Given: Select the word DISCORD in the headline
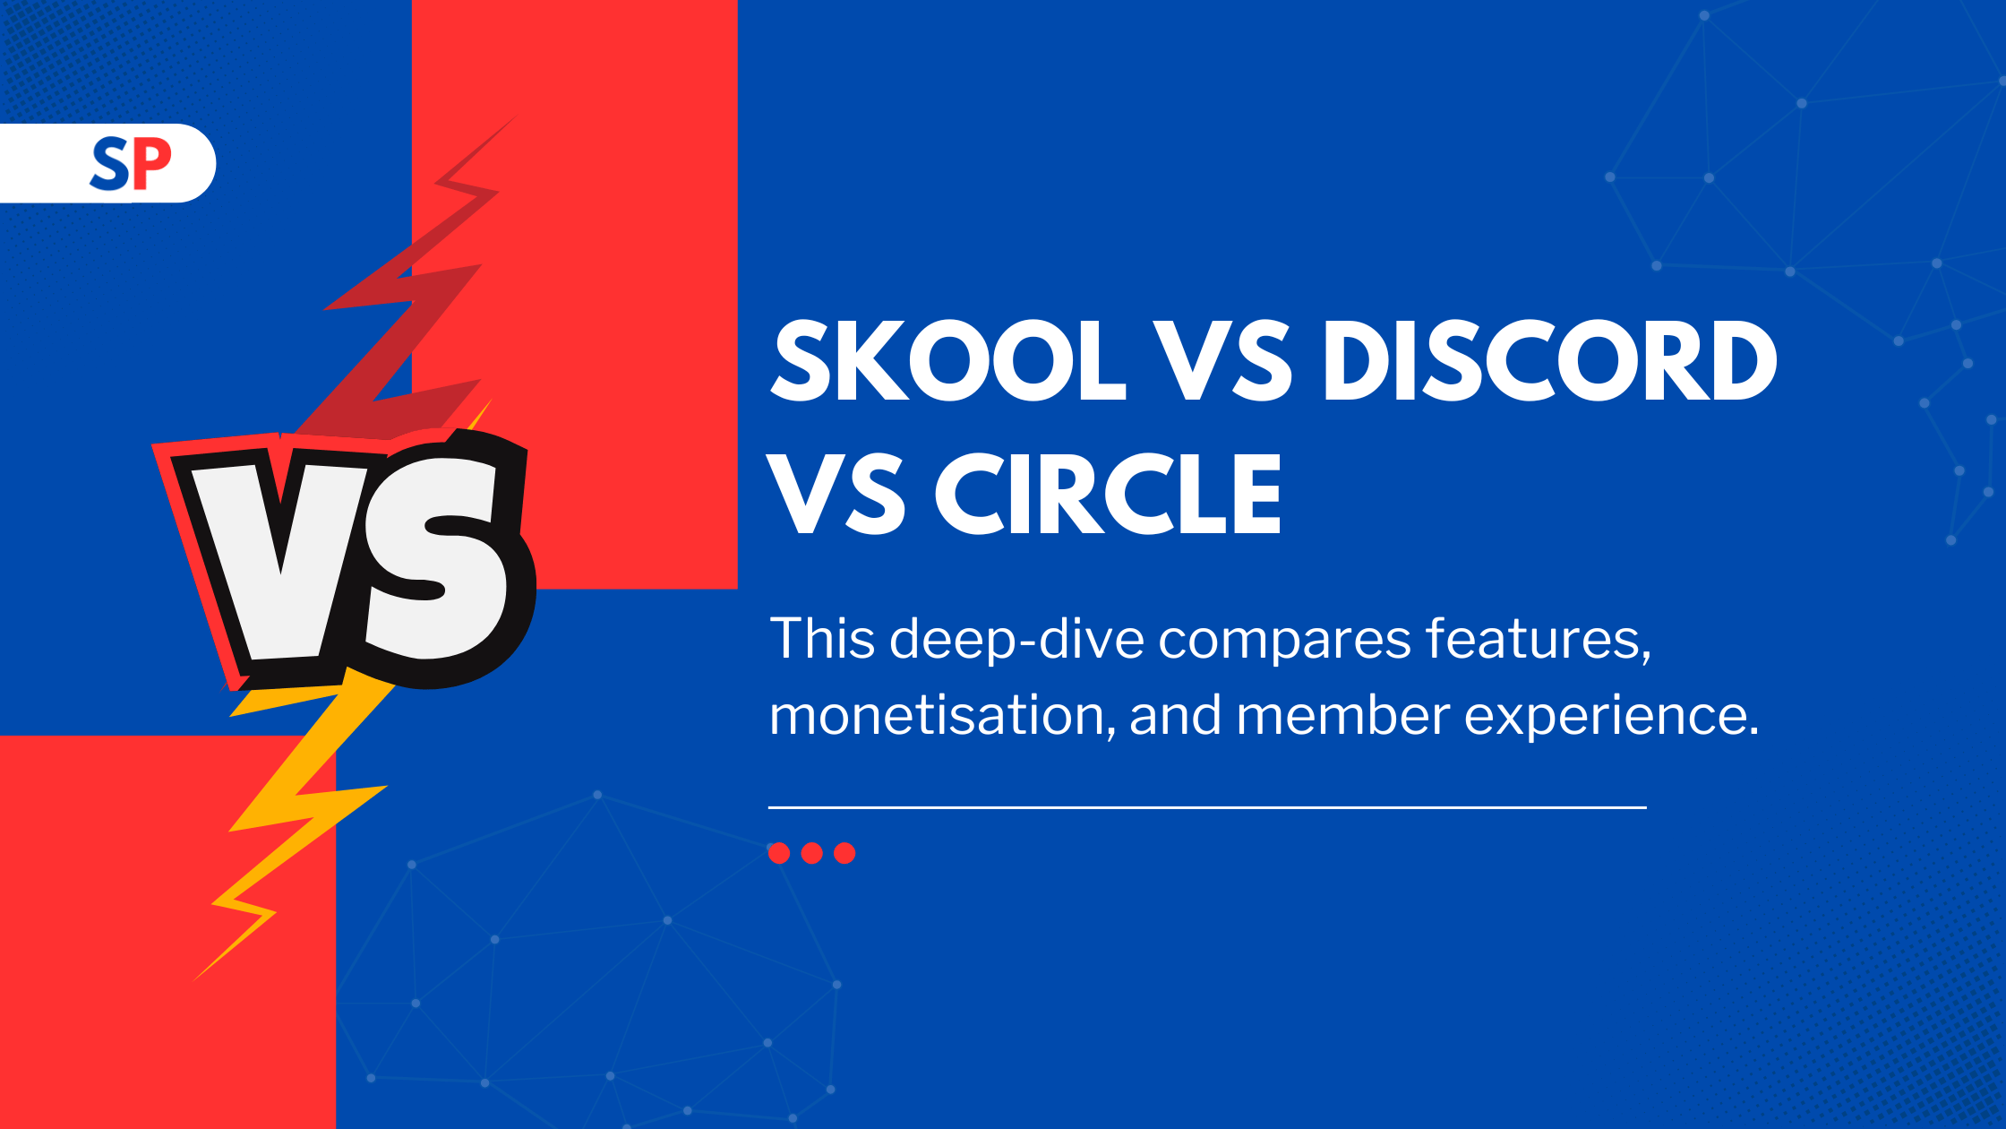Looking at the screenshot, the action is click(x=1550, y=361).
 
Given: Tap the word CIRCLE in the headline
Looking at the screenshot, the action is click(x=1109, y=494).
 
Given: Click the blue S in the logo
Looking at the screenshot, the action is click(x=110, y=165).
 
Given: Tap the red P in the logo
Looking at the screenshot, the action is click(x=152, y=164).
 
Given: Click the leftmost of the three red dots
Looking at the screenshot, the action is click(x=779, y=853).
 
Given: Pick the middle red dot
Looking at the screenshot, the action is click(x=812, y=853).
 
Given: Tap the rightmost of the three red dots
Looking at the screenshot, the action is click(x=844, y=853).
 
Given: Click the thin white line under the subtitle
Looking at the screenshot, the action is click(x=1207, y=807).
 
